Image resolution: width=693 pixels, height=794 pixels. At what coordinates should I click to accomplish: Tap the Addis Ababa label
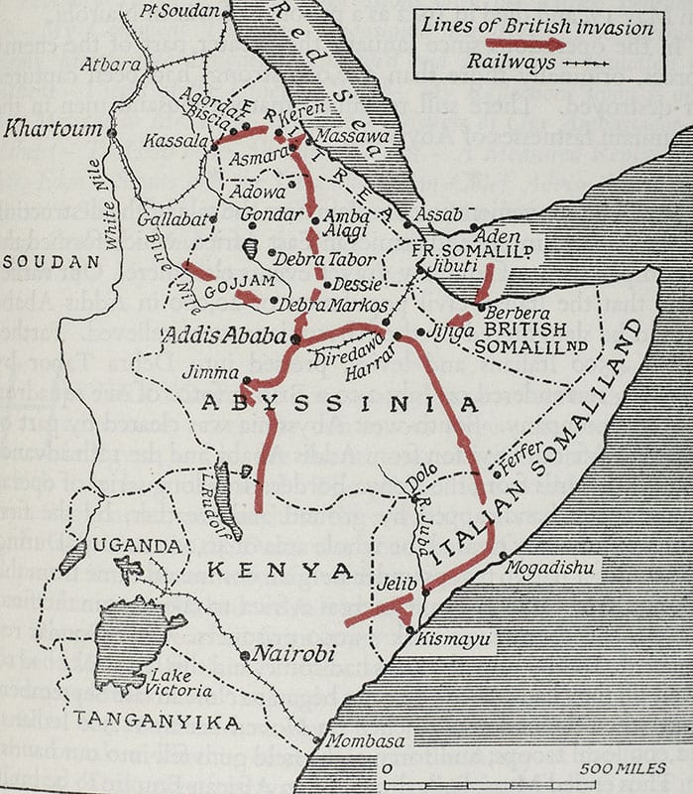tap(225, 334)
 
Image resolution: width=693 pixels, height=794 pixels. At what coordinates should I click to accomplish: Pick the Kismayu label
tap(454, 640)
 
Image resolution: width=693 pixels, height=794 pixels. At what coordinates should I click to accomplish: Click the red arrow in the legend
tap(525, 44)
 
